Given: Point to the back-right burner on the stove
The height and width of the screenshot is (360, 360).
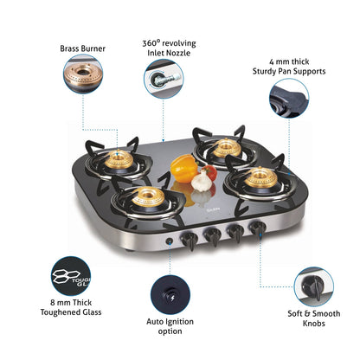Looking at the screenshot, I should coord(227,147).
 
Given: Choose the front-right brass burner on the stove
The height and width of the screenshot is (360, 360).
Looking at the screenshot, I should coord(259,179).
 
